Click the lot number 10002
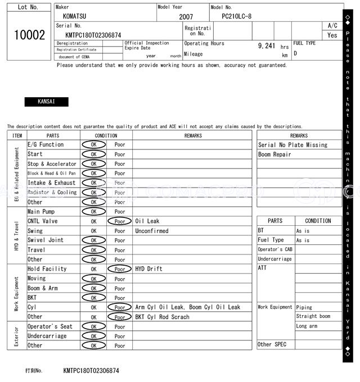click(x=29, y=35)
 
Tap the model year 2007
click(x=186, y=17)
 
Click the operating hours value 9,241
click(x=266, y=46)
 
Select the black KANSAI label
click(x=46, y=102)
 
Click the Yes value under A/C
click(x=332, y=35)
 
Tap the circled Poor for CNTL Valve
click(x=119, y=221)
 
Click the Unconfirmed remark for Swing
click(x=151, y=231)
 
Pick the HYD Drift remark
click(x=148, y=269)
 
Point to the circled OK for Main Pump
click(x=93, y=212)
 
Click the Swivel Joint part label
click(x=46, y=240)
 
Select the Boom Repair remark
click(x=274, y=154)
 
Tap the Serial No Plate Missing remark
click(x=292, y=145)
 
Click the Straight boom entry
click(x=313, y=317)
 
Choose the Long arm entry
click(x=307, y=326)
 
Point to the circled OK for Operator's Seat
click(x=93, y=326)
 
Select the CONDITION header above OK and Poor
click(x=106, y=135)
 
